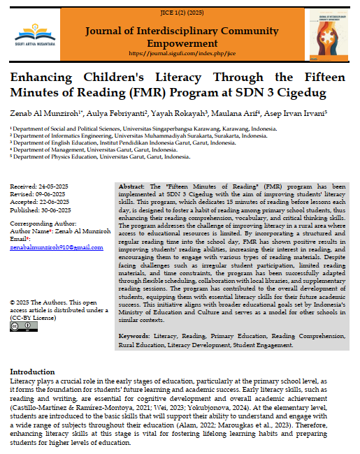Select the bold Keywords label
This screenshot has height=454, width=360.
[x=135, y=337]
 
